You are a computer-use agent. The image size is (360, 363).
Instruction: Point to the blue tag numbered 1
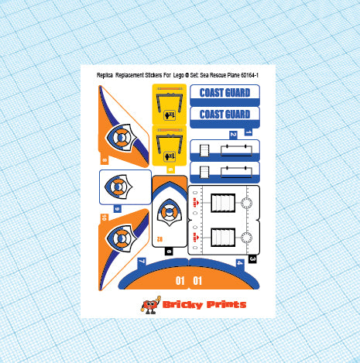tap(249, 132)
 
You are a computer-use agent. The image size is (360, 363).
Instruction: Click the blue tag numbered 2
tap(231, 135)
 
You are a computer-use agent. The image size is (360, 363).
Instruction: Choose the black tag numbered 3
tap(252, 258)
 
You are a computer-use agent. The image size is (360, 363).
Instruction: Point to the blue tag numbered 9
tap(117, 209)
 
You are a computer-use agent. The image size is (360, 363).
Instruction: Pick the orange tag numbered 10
tap(103, 219)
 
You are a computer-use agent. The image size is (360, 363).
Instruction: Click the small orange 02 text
tap(160, 238)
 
